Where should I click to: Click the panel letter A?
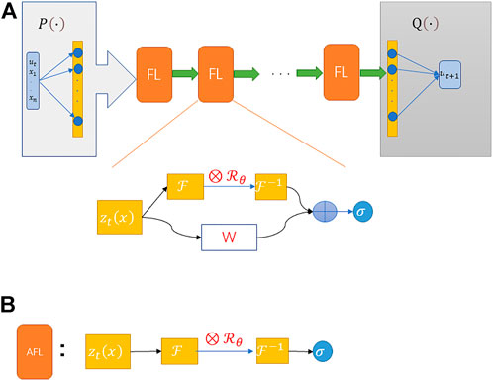click(x=10, y=11)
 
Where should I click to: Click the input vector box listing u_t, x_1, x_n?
click(x=31, y=72)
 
